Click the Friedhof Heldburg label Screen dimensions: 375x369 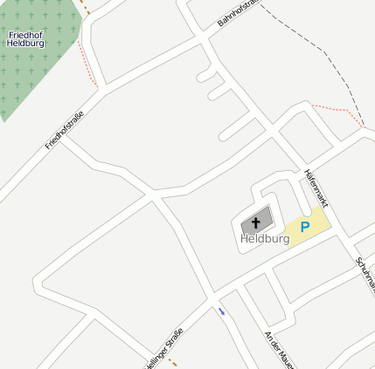(25, 38)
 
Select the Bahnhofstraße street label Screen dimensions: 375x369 (239, 16)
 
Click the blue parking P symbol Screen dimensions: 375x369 (305, 227)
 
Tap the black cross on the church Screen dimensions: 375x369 (255, 222)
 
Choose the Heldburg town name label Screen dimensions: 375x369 (265, 238)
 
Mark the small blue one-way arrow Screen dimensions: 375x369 (222, 311)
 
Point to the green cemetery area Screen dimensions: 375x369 (35, 70)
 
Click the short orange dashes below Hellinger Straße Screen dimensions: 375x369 (173, 362)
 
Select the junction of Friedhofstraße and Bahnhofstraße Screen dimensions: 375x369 (104, 89)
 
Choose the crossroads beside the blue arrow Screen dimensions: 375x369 (212, 297)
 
